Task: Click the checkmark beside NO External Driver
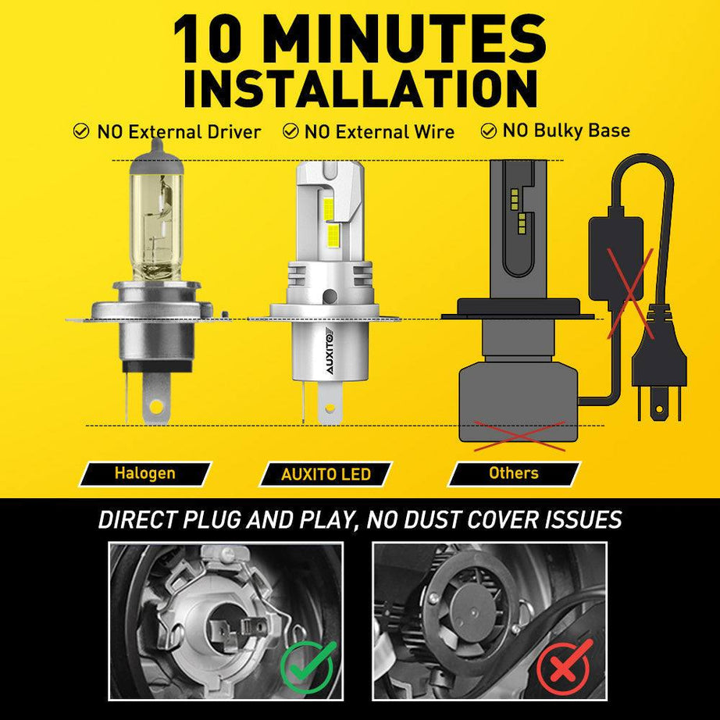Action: [80, 131]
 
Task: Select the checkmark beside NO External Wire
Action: [290, 131]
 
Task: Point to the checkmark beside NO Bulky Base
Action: [490, 130]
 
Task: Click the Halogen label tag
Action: [145, 473]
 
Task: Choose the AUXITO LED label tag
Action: [326, 474]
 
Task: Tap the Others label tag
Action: [513, 473]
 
